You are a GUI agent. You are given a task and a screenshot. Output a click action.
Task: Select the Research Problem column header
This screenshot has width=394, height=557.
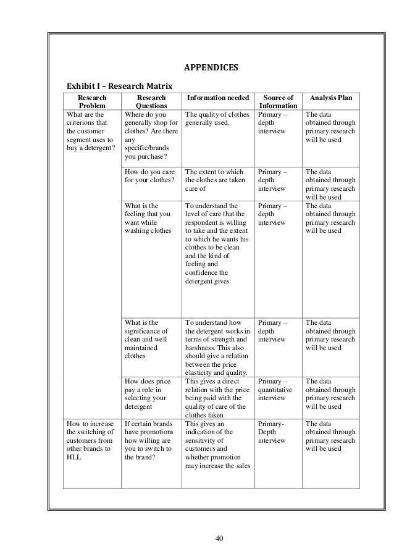(92, 101)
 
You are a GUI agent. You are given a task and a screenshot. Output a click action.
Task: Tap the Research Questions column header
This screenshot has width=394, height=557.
(151, 101)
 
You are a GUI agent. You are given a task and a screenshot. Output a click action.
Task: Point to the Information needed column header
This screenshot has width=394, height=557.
(218, 97)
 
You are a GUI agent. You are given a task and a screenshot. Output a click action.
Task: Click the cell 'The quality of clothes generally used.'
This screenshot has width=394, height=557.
(217, 119)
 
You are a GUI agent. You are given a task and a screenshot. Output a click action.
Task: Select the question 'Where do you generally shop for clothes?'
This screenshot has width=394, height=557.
(151, 135)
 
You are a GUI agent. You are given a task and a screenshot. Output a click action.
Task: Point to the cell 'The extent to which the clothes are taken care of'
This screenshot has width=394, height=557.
(217, 181)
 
